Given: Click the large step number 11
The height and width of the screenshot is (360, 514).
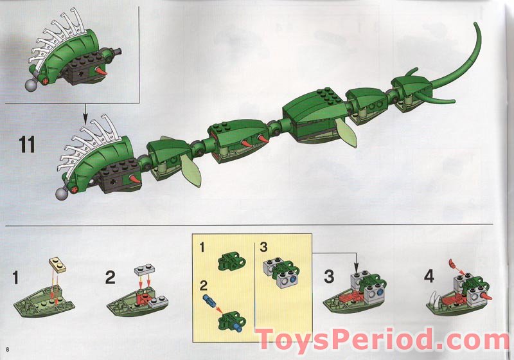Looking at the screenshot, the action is coord(27,145).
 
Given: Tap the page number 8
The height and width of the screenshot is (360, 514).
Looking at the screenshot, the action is coord(7,348).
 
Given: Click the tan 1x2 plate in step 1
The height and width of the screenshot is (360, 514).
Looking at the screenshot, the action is coord(57,265).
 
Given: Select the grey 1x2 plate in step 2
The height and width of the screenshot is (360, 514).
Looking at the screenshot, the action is coord(144,270).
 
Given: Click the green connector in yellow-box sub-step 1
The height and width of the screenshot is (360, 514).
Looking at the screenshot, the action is coord(232,260).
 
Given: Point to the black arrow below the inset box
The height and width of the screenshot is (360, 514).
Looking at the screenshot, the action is coord(85,113).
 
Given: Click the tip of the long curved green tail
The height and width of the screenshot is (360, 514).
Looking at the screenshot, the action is coord(476,23).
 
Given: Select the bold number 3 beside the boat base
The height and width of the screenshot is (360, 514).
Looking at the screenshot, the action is coord(329,276).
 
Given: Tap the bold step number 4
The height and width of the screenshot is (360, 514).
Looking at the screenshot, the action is coord(429,276).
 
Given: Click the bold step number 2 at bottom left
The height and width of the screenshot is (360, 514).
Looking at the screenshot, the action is coord(111,278).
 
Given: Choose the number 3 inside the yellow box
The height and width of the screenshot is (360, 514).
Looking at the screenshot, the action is coord(263,247).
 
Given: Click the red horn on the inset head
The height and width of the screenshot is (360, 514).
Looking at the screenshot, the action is coord(101,72).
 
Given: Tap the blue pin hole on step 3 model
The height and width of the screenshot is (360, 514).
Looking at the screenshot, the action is coord(380,291).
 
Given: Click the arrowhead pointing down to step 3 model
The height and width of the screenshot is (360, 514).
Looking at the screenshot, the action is coord(357,267).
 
